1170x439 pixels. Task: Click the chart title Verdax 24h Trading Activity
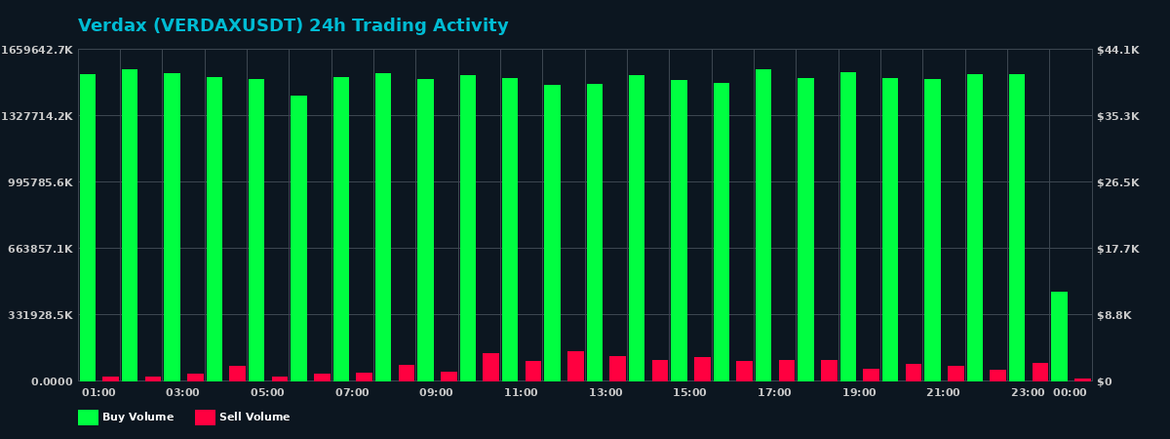(292, 26)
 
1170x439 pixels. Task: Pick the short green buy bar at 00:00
(1059, 337)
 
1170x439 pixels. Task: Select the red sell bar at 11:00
(533, 371)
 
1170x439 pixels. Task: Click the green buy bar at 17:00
(763, 225)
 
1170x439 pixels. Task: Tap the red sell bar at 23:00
(1040, 372)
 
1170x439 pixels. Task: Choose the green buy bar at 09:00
(425, 230)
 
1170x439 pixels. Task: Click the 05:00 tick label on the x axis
(267, 393)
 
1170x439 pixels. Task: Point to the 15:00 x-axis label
(689, 393)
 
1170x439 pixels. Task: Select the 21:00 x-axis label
(943, 393)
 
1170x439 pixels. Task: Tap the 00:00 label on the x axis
(1070, 393)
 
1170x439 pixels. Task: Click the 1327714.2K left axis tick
(38, 116)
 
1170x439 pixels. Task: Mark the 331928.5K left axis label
(38, 315)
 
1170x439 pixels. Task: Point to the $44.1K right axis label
(1118, 50)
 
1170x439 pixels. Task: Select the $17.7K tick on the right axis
(1118, 249)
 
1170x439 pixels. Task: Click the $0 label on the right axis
(1105, 381)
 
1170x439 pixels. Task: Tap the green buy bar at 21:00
(932, 230)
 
